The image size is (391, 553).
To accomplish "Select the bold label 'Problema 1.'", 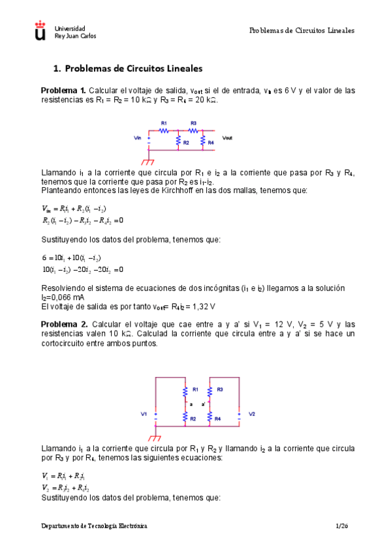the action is coord(63,90).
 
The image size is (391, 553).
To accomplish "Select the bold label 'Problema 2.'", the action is coord(64,324).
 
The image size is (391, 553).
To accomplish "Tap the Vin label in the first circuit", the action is coord(137,138).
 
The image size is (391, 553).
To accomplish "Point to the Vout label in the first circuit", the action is coord(227,138).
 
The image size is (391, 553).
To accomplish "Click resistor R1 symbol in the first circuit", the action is coord(164,130).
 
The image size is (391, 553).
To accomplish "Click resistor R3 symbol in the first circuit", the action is coord(193,130).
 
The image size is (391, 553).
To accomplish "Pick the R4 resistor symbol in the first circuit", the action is coord(203,141).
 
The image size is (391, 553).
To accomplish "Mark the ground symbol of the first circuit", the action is coord(149,160).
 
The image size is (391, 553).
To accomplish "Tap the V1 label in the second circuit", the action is coord(144,414).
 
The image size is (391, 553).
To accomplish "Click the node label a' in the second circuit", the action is coord(204,404).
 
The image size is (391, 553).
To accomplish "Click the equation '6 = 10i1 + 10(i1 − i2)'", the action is coord(72,258).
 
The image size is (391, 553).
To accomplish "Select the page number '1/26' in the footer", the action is coord(342,525).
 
